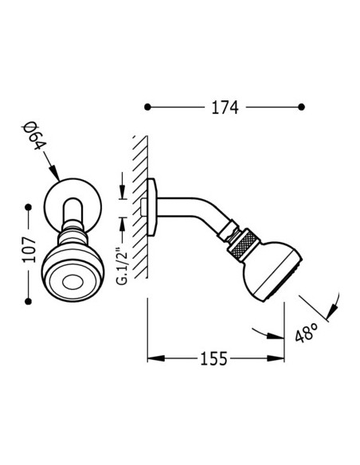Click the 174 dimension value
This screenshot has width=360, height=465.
(225, 107)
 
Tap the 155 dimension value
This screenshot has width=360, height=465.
(213, 358)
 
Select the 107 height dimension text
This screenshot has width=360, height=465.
(29, 250)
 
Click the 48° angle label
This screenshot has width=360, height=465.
(307, 332)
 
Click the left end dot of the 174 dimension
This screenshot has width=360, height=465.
(147, 107)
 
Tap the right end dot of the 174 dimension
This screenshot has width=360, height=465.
(301, 107)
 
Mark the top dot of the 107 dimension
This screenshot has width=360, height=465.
(28, 207)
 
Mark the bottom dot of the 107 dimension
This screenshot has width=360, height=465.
(28, 301)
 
